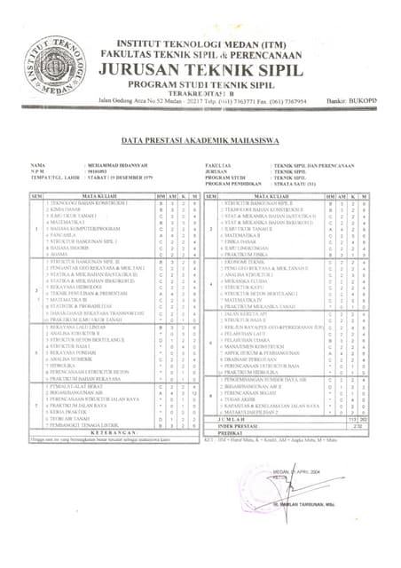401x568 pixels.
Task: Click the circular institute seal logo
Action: click(54, 64)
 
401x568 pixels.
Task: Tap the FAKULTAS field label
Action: click(217, 166)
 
